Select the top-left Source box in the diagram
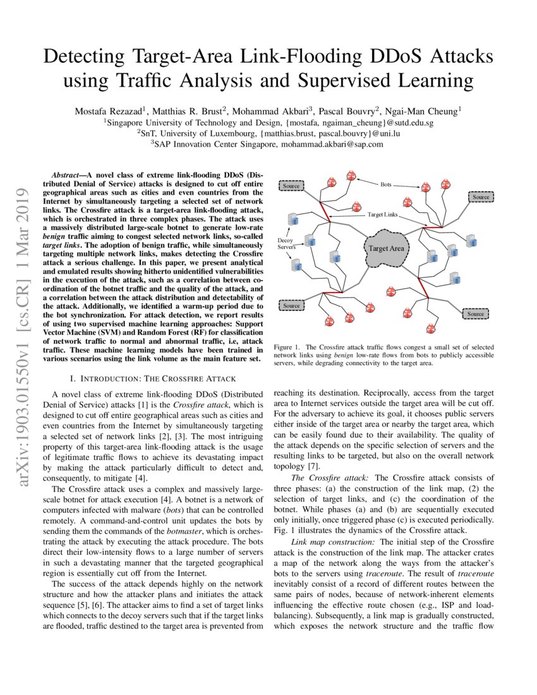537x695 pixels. coord(291,186)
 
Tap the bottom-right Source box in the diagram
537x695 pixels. coord(476,313)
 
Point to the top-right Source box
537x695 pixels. coord(481,197)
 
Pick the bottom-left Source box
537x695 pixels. coord(291,306)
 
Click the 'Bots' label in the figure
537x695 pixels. coord(386,184)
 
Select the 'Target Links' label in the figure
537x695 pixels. coord(383,215)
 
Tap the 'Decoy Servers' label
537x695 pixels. coord(287,245)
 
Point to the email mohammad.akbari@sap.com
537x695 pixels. coord(332,144)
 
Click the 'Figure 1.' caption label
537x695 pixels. coord(287,347)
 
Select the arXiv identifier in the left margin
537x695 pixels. coord(25,337)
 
